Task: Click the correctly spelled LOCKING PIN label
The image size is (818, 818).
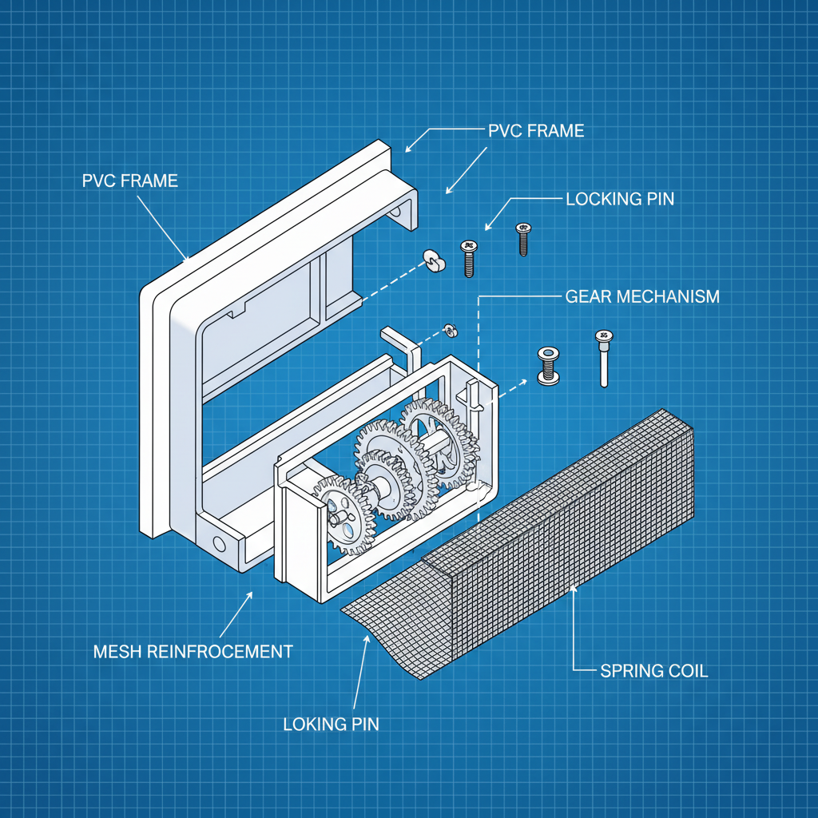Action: coord(619,199)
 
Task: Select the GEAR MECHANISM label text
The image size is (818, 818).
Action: coord(641,296)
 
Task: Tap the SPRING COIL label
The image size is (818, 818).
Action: coord(653,671)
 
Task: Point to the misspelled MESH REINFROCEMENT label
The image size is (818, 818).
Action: coord(193,651)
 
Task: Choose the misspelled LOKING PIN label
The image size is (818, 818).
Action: coord(331,725)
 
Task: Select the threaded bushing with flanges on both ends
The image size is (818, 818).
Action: coord(548,367)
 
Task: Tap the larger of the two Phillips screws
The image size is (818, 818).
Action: coord(468,257)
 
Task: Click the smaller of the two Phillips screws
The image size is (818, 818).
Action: coord(523,239)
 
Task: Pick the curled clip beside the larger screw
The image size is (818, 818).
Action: coord(434,260)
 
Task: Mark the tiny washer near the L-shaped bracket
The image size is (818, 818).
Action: coord(449,329)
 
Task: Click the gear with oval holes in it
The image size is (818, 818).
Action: coord(342,516)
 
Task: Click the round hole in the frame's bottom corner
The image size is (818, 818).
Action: coord(218,543)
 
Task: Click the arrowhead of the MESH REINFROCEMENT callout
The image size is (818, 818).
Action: coord(252,594)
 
